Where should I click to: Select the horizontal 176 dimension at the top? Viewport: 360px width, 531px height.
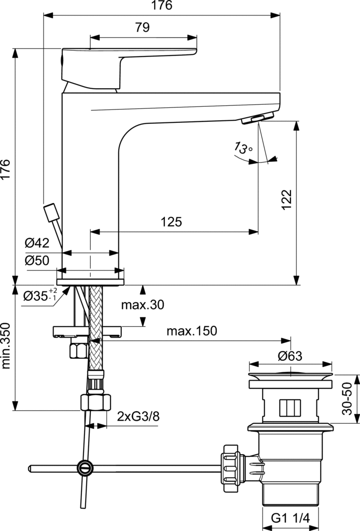161,6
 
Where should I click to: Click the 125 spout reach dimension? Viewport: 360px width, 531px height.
171,222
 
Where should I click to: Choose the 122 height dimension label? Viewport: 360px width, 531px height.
287,200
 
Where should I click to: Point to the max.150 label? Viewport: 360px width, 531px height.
191,331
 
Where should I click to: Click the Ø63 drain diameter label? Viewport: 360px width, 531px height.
289,356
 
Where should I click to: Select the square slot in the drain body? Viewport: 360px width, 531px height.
290,408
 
